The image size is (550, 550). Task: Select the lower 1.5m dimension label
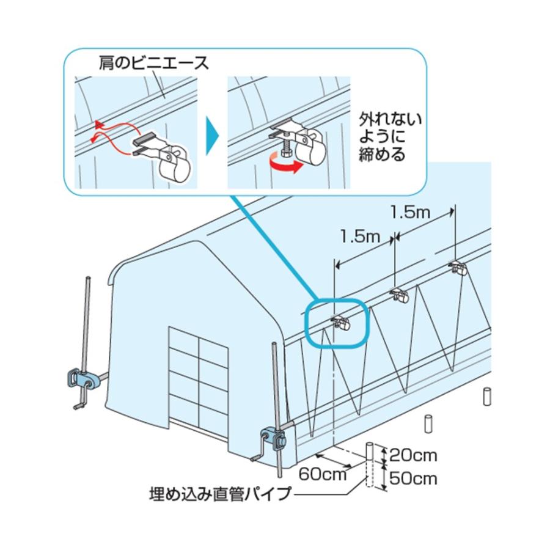pos(359,236)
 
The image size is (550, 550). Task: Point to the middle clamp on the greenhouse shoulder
pos(401,296)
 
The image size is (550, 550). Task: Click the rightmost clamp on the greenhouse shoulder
pos(458,268)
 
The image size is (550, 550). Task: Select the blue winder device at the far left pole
pos(82,381)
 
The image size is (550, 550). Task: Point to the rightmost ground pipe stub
pos(487,395)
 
